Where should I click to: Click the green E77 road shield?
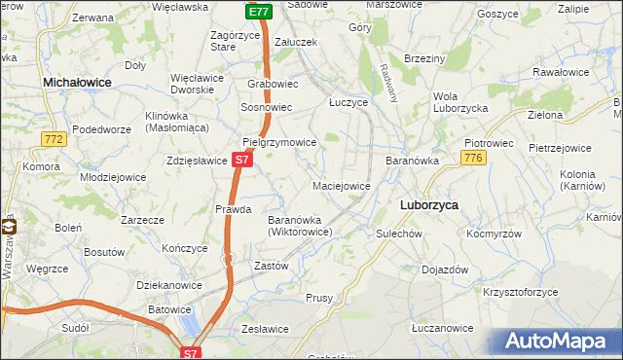pos(258,12)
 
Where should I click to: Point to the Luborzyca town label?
pos(429,205)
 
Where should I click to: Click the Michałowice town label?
pos(77,85)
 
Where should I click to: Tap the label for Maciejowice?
pos(341,185)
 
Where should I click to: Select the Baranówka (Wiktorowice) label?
pos(302,226)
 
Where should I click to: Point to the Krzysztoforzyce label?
pos(522,291)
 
